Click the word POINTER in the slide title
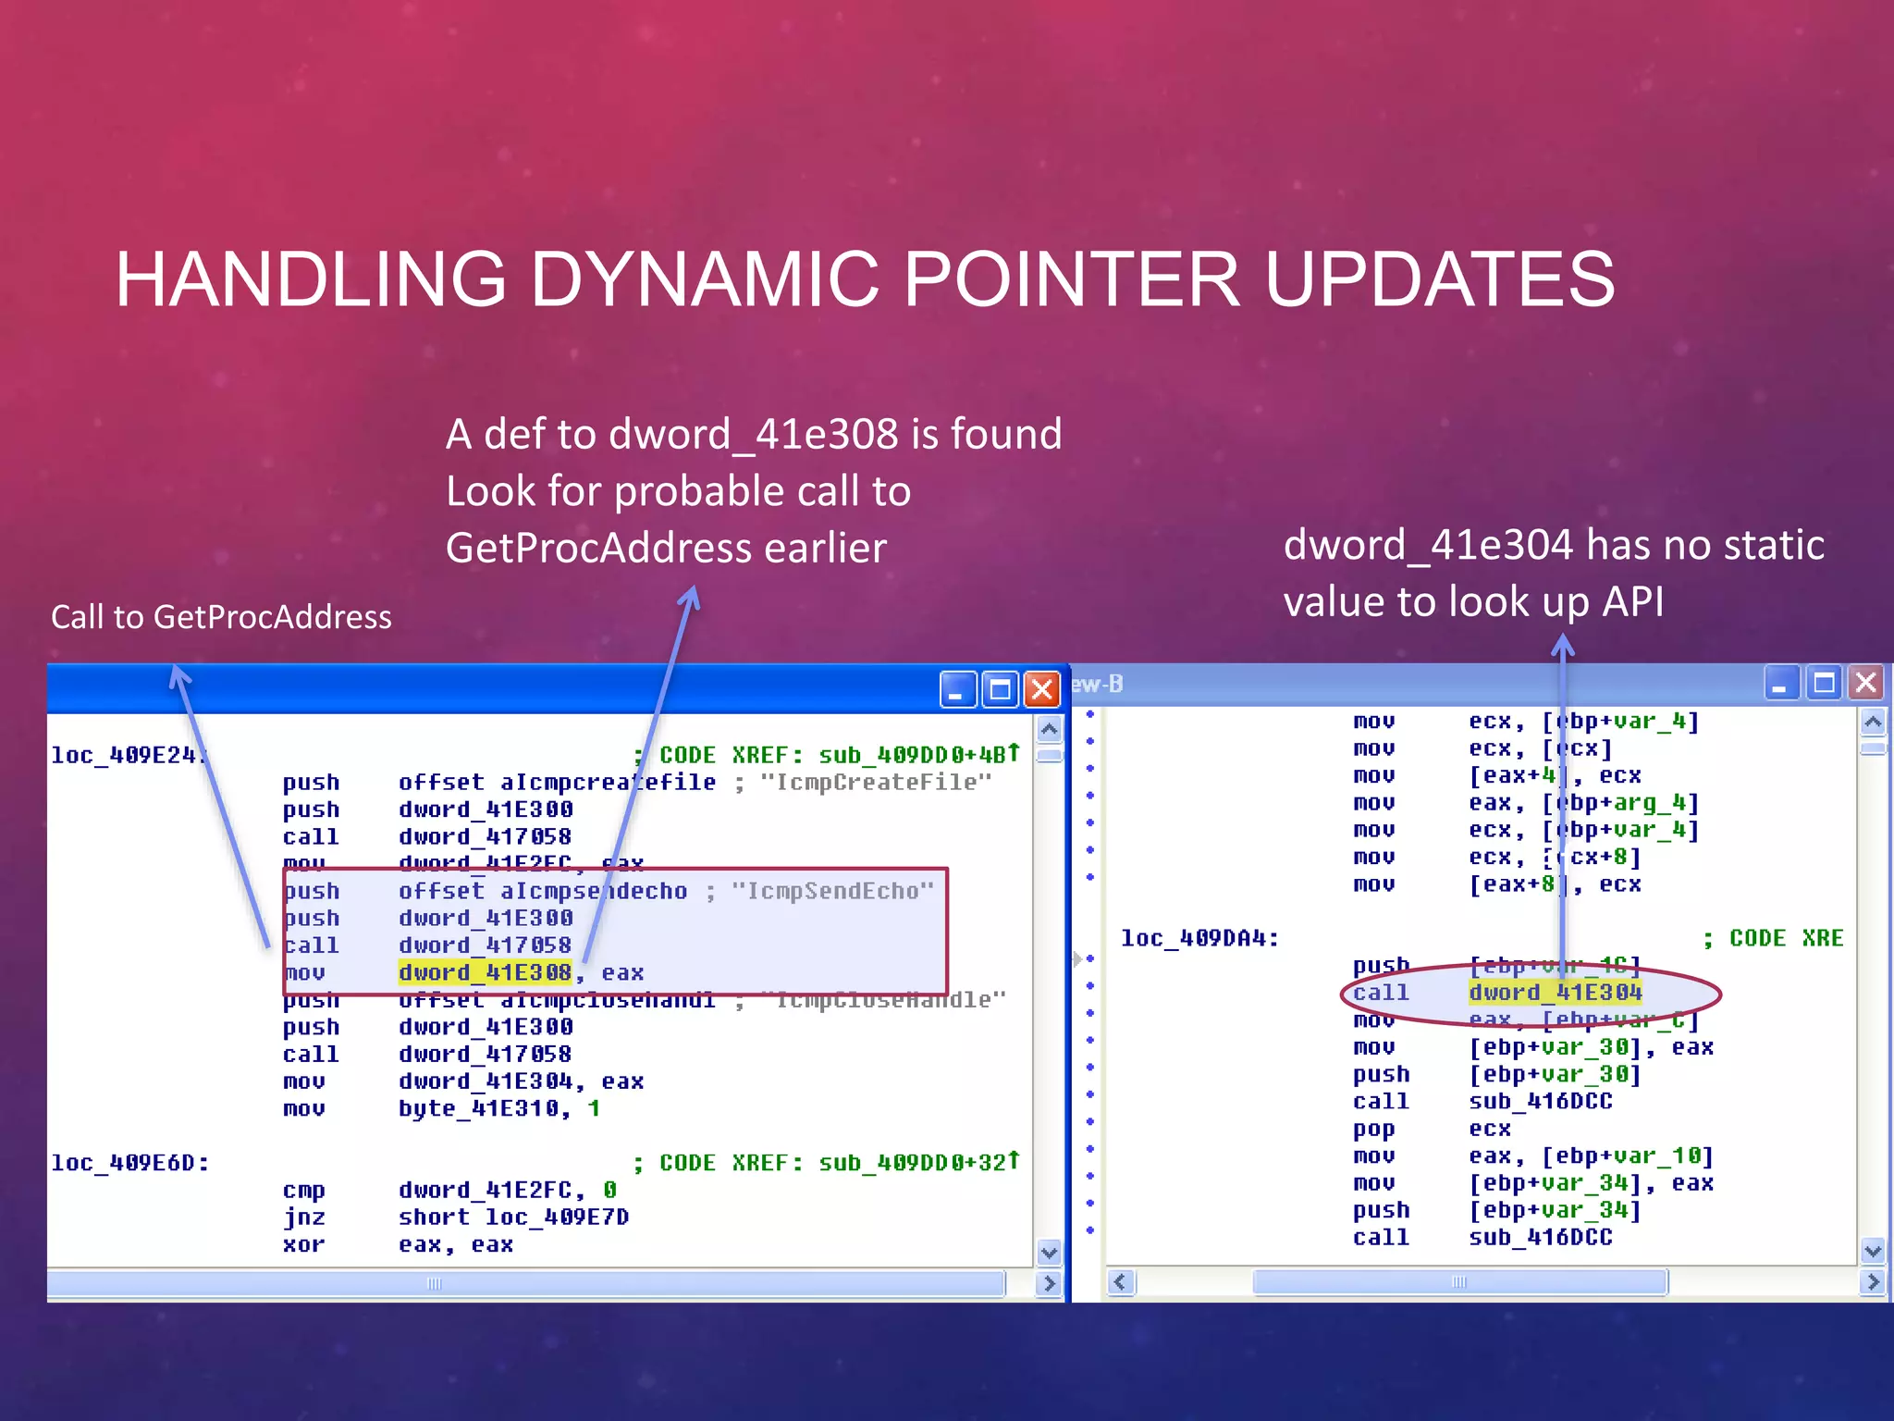(x=1070, y=279)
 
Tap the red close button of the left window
(x=1042, y=689)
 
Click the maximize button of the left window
(x=1000, y=689)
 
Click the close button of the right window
(x=1865, y=684)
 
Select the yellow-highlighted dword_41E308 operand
(x=486, y=972)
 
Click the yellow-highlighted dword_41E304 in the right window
(x=1555, y=993)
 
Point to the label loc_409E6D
(x=129, y=1163)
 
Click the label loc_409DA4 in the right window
(x=1199, y=938)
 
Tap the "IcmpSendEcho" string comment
(x=832, y=891)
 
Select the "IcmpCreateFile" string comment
(x=875, y=783)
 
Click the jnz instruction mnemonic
(x=303, y=1217)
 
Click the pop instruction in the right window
(x=1373, y=1130)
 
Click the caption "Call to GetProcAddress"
(x=221, y=617)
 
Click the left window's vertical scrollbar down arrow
(x=1049, y=1254)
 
